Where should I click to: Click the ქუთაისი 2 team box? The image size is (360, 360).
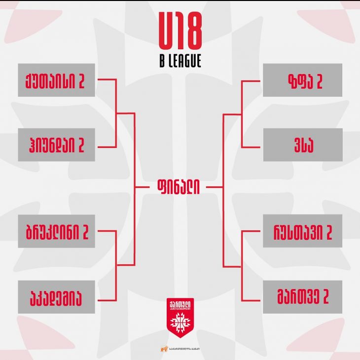pos(56,80)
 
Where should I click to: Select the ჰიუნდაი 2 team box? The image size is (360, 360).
pos(56,145)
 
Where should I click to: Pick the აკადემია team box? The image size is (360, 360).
pos(56,297)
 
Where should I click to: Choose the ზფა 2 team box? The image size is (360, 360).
pos(302,80)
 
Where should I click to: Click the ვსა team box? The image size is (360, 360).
pos(302,145)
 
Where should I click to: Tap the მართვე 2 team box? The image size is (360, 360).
pos(302,297)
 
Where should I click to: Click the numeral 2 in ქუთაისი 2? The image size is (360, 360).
pos(81,81)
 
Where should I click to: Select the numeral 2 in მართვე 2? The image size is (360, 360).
pos(324,298)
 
